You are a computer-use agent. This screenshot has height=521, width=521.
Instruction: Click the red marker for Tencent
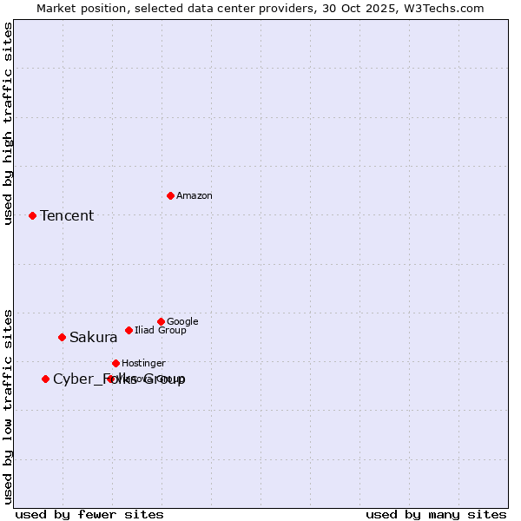(32, 215)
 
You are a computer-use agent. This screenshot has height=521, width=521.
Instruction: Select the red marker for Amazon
(170, 195)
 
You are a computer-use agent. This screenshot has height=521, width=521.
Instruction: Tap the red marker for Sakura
(62, 337)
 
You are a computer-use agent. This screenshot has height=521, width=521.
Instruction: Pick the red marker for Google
(161, 321)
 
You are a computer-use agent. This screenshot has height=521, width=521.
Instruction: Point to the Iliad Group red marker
(129, 330)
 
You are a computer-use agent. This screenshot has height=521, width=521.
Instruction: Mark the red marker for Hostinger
(115, 363)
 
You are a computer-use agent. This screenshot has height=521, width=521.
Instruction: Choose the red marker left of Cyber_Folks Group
(45, 379)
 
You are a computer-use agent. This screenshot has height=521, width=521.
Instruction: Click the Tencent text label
(67, 215)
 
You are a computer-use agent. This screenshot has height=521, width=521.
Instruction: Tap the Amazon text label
(195, 195)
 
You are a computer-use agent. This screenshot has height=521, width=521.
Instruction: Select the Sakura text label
(93, 337)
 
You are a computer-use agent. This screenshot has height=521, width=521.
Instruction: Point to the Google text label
(182, 321)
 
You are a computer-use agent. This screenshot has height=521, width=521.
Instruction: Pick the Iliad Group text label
(161, 330)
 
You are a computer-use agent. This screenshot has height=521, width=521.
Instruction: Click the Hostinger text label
(143, 363)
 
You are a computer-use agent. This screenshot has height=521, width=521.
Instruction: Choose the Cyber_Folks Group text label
(119, 379)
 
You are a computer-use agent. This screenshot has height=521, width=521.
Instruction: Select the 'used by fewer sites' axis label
(89, 514)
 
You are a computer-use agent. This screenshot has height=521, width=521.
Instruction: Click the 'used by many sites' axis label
(436, 514)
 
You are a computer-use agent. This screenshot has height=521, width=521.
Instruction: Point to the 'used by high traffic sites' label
(8, 123)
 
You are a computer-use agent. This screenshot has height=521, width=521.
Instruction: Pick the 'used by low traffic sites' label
(8, 406)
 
